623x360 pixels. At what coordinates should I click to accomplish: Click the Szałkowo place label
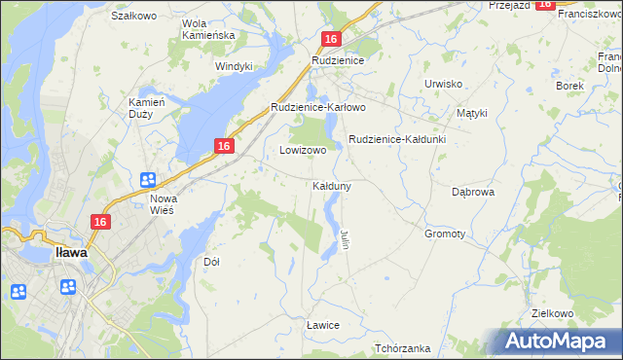[x=134, y=16]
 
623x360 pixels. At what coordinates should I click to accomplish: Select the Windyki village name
[x=234, y=66]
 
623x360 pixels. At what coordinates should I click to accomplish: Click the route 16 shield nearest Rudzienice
[x=331, y=39]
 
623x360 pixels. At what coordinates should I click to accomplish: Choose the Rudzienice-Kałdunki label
[x=397, y=140]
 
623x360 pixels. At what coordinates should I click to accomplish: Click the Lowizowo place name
[x=303, y=151]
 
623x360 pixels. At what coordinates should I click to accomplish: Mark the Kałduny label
[x=332, y=185]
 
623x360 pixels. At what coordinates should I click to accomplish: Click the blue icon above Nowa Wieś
[x=148, y=179]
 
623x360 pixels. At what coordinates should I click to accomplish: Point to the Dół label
[x=211, y=262]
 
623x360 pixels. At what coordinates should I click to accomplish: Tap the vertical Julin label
[x=344, y=238]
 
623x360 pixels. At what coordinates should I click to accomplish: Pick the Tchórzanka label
[x=402, y=348]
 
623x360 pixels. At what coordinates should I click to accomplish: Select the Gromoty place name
[x=445, y=234]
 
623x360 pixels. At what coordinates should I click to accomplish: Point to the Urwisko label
[x=443, y=84]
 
